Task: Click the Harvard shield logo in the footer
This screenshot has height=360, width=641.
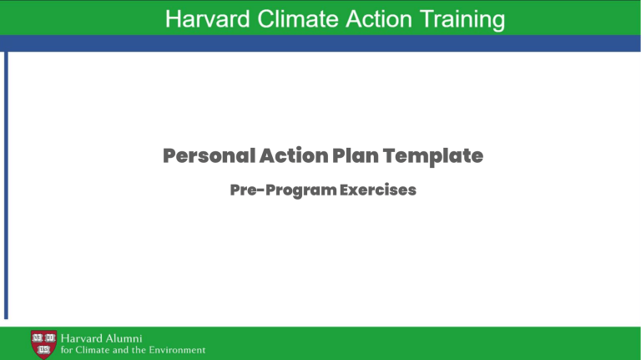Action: click(43, 342)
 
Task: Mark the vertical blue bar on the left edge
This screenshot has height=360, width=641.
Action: click(6, 184)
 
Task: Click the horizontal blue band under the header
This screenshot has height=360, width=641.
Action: click(320, 43)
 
